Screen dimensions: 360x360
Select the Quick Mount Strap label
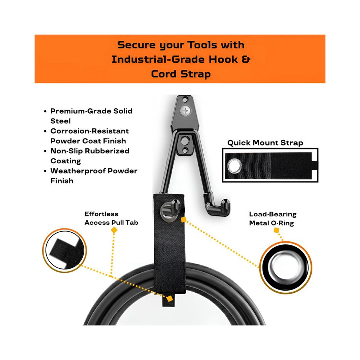265,143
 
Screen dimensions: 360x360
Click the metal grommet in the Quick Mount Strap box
234,166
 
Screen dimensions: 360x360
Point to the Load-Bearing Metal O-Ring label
273,219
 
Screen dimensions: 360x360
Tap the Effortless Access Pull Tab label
111,218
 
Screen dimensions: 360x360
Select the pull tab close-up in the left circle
64,251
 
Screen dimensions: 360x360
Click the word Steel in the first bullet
61,121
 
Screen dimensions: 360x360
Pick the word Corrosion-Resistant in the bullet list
89,131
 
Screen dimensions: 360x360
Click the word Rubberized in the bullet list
107,151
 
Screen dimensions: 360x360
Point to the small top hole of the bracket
185,100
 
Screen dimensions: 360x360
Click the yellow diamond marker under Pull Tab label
114,230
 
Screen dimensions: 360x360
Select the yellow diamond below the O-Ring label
276,230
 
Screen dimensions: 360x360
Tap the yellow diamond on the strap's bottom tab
169,299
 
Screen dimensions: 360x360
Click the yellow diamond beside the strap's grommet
183,220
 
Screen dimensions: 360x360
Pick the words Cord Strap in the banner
181,74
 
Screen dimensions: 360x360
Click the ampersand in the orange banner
245,60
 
